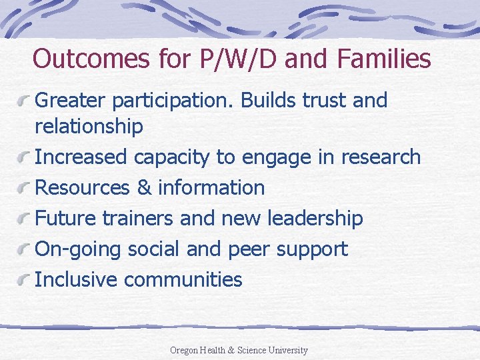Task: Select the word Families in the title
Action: click(x=384, y=59)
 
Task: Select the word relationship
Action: click(x=88, y=126)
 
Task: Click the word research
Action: click(x=381, y=157)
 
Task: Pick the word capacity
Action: click(x=171, y=157)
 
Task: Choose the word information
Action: click(x=211, y=187)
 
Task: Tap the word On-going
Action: click(x=69, y=249)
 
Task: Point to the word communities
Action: click(x=183, y=279)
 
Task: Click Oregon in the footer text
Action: click(x=185, y=350)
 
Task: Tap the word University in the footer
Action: click(x=287, y=350)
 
